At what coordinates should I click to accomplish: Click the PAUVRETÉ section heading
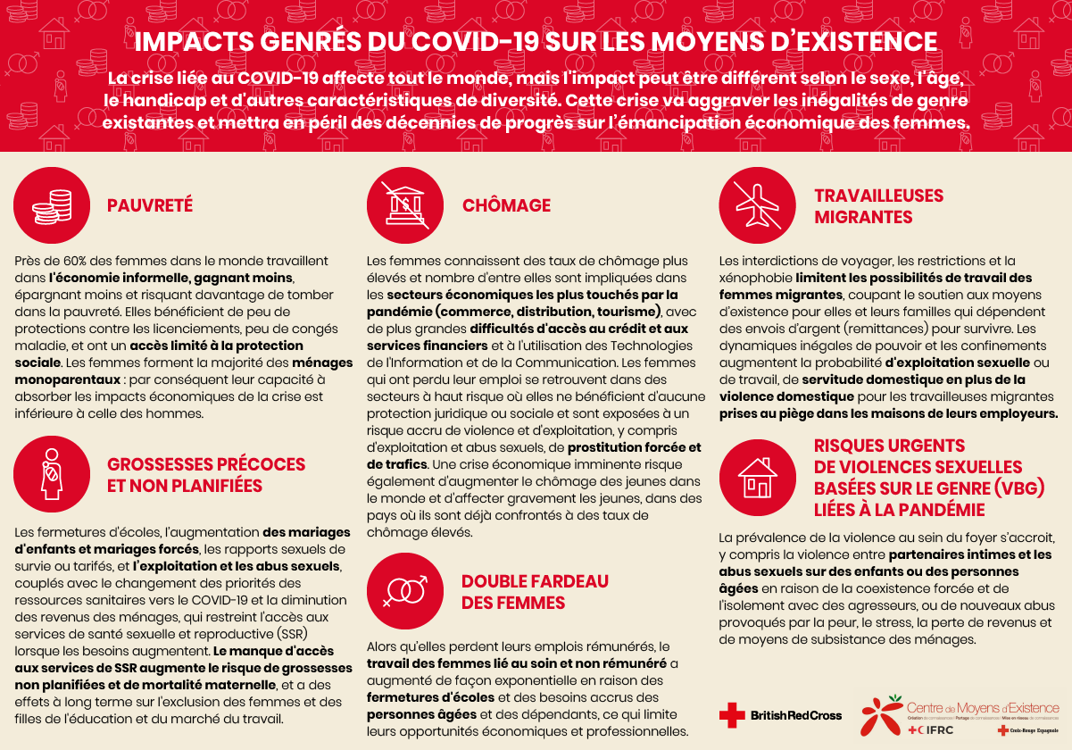click(x=150, y=205)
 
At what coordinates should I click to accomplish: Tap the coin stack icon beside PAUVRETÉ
click(x=52, y=205)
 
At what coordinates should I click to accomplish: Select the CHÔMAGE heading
click(x=506, y=205)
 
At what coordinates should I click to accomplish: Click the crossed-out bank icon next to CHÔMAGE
click(x=405, y=205)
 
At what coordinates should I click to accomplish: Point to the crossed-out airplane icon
click(x=758, y=205)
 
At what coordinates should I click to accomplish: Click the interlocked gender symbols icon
click(x=405, y=590)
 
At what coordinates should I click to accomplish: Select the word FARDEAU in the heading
click(x=562, y=581)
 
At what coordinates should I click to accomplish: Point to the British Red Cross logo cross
click(x=732, y=714)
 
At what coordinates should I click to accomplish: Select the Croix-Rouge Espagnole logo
click(x=1027, y=730)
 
